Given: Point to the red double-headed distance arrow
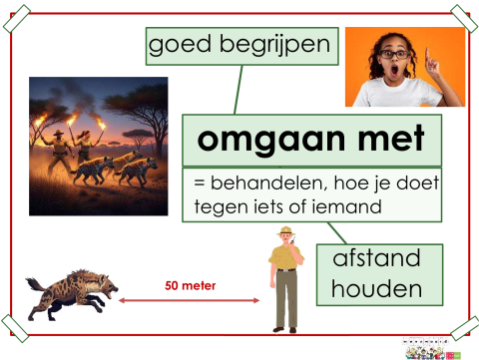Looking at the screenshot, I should [x=190, y=299].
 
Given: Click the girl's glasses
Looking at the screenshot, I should [x=385, y=57].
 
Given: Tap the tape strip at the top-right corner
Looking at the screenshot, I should [x=462, y=15].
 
